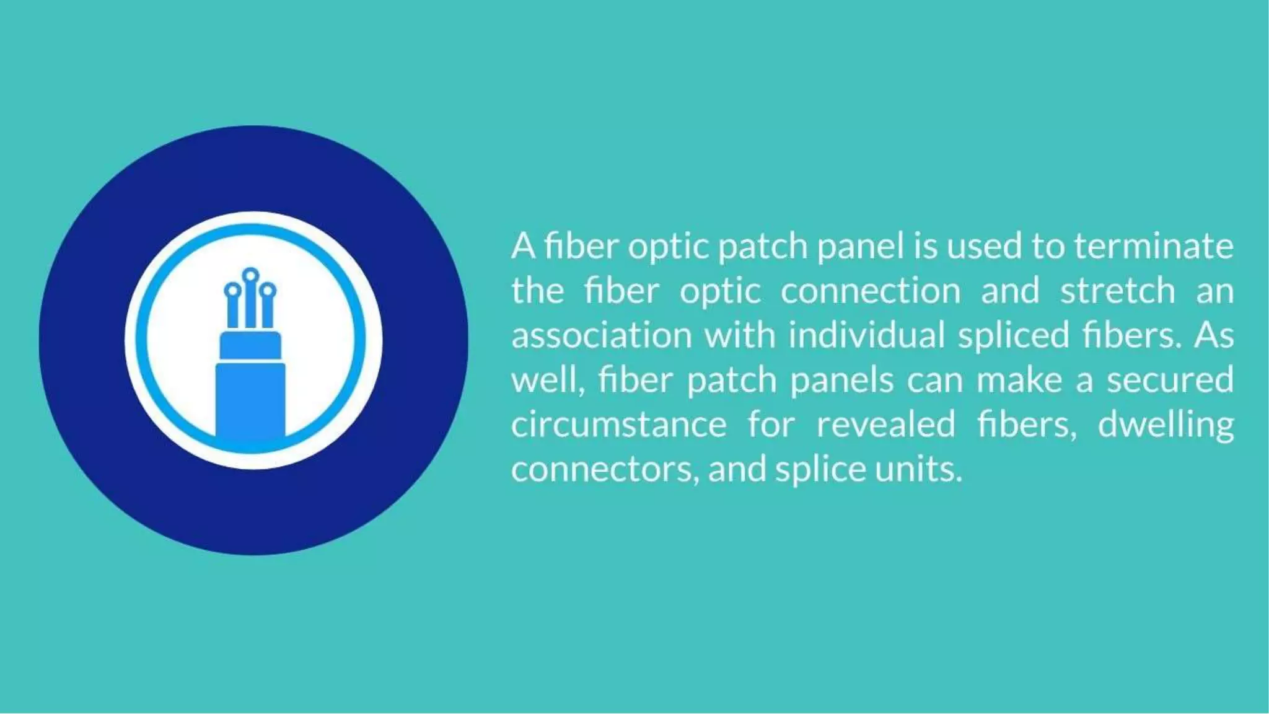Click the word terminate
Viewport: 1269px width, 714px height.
coord(1153,247)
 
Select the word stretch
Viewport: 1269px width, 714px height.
coord(1117,291)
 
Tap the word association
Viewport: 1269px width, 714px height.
coord(601,336)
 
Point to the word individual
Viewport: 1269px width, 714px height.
coord(866,336)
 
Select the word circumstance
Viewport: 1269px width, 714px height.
coord(618,425)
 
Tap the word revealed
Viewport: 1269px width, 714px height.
coord(885,425)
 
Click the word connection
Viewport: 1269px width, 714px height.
coord(870,291)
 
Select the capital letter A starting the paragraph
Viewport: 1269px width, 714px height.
coord(523,247)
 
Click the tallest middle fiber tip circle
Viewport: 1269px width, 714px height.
coord(250,275)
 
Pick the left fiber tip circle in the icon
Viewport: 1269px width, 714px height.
coord(232,290)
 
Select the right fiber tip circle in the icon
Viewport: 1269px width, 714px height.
coord(268,290)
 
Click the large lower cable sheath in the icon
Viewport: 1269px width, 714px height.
coord(250,400)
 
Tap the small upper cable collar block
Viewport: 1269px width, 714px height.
coord(250,345)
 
